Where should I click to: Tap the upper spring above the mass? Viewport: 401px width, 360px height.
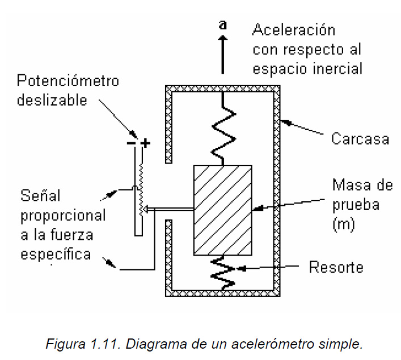tap(223, 130)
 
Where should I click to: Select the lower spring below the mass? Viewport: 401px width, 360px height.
tap(223, 272)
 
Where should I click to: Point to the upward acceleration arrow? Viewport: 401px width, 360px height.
tap(223, 54)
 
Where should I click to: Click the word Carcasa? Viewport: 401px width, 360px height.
tap(360, 138)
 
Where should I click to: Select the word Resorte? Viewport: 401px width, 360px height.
tap(336, 266)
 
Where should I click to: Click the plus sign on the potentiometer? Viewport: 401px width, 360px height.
tap(146, 143)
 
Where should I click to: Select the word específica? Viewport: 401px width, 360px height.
tap(56, 255)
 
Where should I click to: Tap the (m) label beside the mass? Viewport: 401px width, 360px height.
tap(343, 225)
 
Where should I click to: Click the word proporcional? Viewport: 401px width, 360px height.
tap(63, 215)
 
